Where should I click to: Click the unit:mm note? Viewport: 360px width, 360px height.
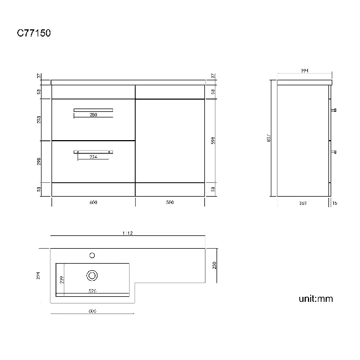point(316,299)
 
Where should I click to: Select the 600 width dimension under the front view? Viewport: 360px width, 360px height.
point(93,203)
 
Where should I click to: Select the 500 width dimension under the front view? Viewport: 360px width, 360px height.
point(169,203)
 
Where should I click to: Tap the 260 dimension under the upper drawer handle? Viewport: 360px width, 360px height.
point(93,115)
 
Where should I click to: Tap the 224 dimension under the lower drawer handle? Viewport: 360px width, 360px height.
point(94,157)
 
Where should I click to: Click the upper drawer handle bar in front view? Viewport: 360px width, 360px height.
point(93,110)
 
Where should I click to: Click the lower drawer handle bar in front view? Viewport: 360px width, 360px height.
point(94,151)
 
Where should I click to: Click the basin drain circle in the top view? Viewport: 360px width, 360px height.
point(92,274)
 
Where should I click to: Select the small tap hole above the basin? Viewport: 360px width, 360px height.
point(92,255)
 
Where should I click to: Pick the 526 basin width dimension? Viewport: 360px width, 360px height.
point(93,291)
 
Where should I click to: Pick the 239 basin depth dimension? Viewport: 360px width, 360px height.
point(61,280)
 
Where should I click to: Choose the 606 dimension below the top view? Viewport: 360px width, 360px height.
point(92,311)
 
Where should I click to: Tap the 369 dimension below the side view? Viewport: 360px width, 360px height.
point(303,203)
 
